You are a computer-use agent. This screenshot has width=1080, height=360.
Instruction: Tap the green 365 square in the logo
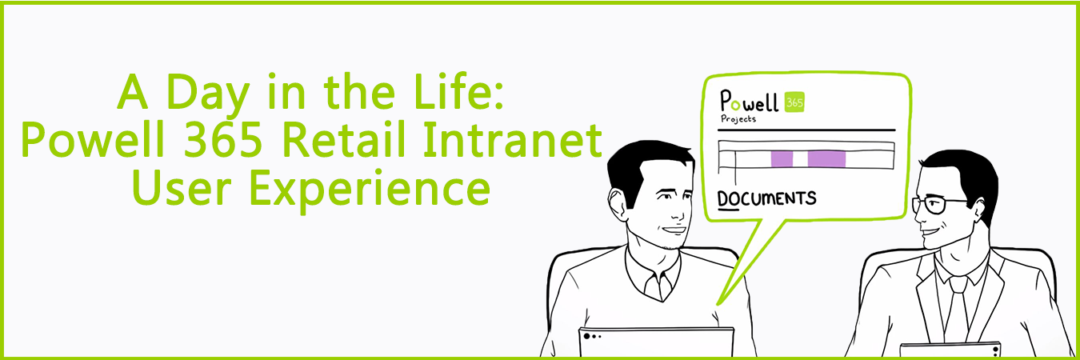(794, 100)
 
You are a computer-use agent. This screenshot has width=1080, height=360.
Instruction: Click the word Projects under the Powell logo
(738, 119)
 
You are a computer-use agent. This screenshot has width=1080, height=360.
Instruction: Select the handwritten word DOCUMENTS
(766, 198)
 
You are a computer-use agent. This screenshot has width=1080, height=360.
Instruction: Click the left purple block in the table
(782, 158)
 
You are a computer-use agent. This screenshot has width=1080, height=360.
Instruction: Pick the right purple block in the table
(826, 158)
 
